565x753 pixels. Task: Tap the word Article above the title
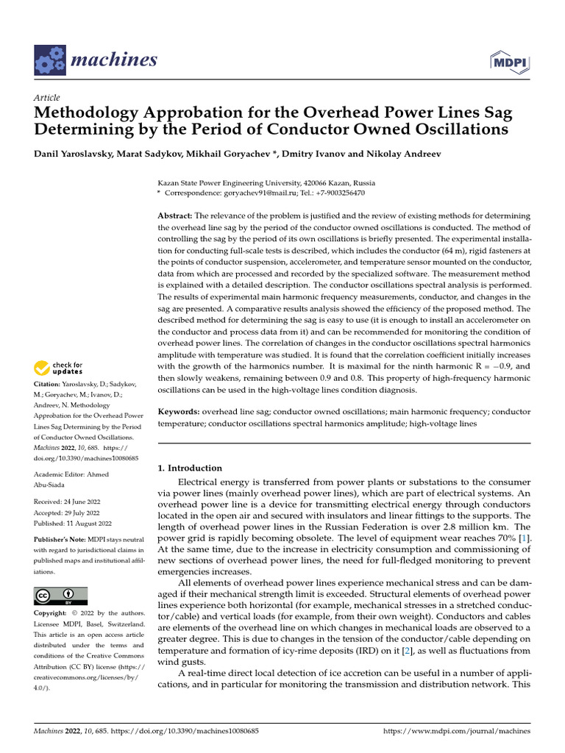[x=47, y=98]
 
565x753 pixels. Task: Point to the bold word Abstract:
[x=175, y=215]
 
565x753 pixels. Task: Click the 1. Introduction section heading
[x=190, y=468]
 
